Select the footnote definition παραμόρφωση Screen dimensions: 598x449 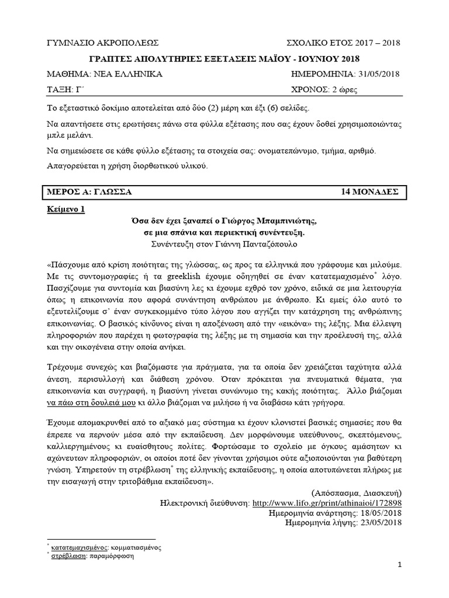[112, 557]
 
